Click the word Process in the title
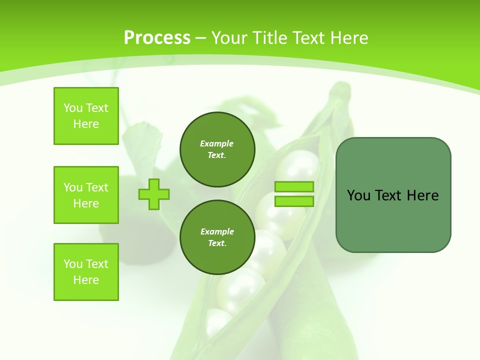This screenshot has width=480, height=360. click(157, 38)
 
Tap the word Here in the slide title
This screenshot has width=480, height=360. click(347, 38)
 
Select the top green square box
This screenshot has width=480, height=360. click(86, 116)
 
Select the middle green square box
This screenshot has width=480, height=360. click(86, 195)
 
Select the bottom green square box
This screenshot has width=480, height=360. click(86, 272)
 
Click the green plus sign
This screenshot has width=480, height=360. click(154, 194)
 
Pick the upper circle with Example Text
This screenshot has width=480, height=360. click(217, 149)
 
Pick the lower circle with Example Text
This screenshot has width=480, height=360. click(217, 237)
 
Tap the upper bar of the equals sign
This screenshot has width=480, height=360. click(294, 187)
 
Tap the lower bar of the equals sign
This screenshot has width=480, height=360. click(294, 201)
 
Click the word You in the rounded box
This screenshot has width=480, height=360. click(359, 195)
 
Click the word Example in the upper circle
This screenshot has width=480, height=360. click(217, 143)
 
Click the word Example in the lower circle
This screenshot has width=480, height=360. click(217, 231)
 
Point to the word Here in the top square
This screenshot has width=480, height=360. click(86, 124)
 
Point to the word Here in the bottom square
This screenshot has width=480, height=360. click(86, 280)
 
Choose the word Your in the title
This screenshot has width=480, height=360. click(230, 38)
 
